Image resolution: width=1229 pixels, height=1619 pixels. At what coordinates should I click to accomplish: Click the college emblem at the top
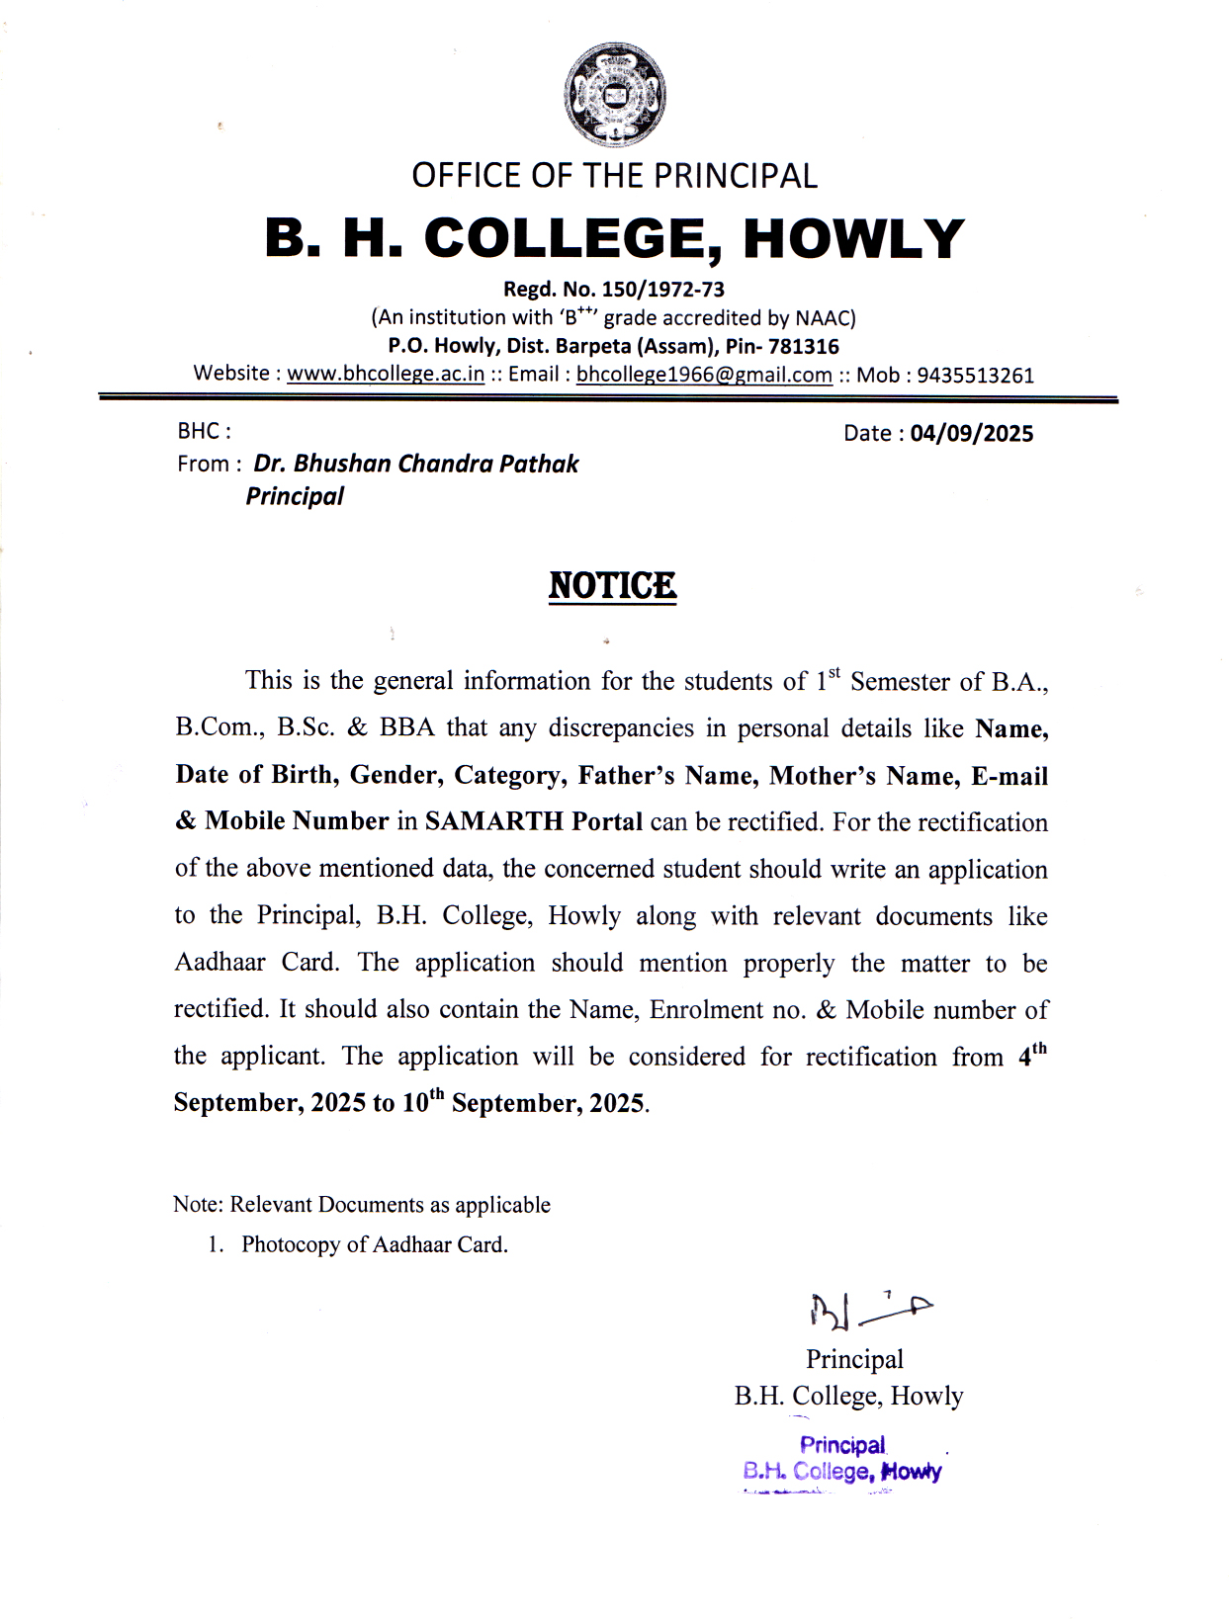point(614,95)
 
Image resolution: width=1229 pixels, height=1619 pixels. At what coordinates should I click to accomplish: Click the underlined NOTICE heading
point(612,585)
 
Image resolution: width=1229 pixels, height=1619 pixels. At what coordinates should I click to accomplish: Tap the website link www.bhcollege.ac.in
point(386,374)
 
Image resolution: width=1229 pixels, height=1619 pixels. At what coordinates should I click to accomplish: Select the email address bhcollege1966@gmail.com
point(704,375)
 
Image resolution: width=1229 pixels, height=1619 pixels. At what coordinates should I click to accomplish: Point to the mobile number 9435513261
point(975,376)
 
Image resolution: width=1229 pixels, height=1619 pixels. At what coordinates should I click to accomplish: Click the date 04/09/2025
point(971,434)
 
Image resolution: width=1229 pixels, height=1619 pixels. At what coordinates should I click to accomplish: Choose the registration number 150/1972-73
point(662,290)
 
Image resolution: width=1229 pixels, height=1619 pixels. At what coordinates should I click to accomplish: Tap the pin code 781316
point(803,347)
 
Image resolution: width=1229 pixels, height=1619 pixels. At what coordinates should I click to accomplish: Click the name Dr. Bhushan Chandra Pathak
point(416,464)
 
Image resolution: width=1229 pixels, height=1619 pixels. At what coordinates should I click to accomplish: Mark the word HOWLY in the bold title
point(853,239)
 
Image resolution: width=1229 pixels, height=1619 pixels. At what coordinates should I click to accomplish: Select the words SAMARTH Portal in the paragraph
point(534,821)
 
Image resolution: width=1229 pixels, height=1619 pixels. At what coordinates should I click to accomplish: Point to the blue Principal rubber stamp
point(842,1459)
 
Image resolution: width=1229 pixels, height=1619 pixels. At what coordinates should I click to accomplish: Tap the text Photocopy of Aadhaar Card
point(375,1244)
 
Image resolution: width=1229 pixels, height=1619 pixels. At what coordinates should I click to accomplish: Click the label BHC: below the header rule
point(204,431)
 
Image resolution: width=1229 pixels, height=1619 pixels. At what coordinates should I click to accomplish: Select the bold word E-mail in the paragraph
point(1009,776)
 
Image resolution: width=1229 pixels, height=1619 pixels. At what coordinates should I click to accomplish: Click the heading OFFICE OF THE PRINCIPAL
point(614,176)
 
